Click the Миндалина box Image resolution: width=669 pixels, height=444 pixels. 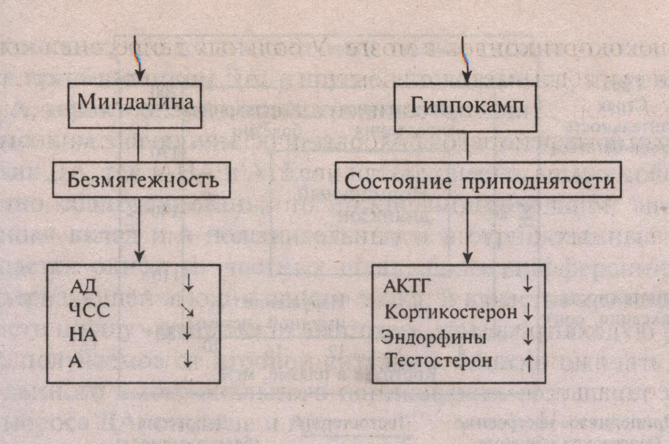[x=135, y=105]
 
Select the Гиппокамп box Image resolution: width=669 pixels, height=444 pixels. [x=465, y=107]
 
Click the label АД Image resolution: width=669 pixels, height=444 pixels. [x=83, y=285]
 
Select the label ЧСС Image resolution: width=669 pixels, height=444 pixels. [x=89, y=310]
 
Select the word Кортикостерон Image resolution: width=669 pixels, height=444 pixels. [x=451, y=311]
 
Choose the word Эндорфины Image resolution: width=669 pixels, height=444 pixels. [x=434, y=337]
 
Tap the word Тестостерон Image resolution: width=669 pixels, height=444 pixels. [x=439, y=361]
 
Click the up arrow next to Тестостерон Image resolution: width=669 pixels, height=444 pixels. [x=528, y=363]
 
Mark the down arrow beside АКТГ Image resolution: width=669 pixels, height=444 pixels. [x=528, y=284]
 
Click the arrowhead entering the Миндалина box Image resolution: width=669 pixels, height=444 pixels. [x=139, y=77]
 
